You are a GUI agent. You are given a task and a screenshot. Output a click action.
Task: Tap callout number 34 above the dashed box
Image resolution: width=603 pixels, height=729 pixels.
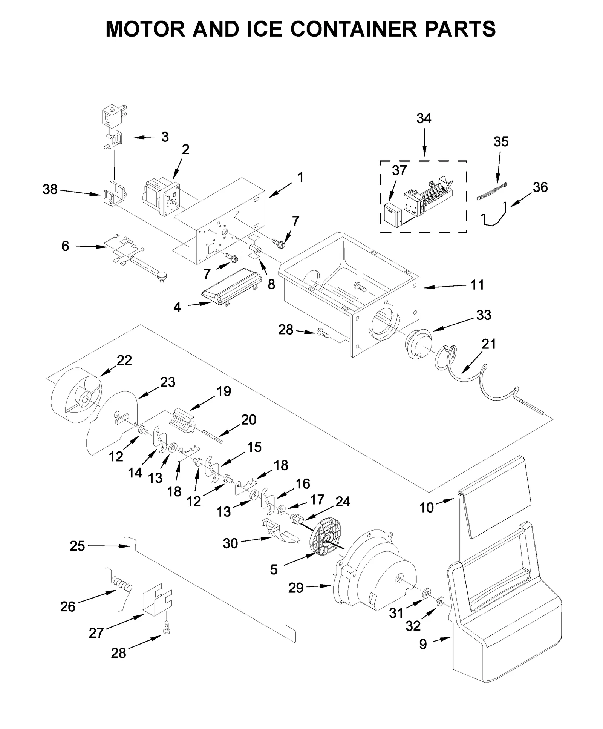[x=424, y=118]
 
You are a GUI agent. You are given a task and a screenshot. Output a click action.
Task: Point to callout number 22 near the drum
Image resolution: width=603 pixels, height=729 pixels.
[x=124, y=360]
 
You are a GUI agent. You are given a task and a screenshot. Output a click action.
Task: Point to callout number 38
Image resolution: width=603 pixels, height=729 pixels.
[x=50, y=189]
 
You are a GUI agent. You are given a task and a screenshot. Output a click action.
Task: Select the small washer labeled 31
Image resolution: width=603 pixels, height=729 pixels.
[x=427, y=593]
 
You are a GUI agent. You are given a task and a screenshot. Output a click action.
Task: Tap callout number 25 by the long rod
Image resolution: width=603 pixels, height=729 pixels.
[x=77, y=546]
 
